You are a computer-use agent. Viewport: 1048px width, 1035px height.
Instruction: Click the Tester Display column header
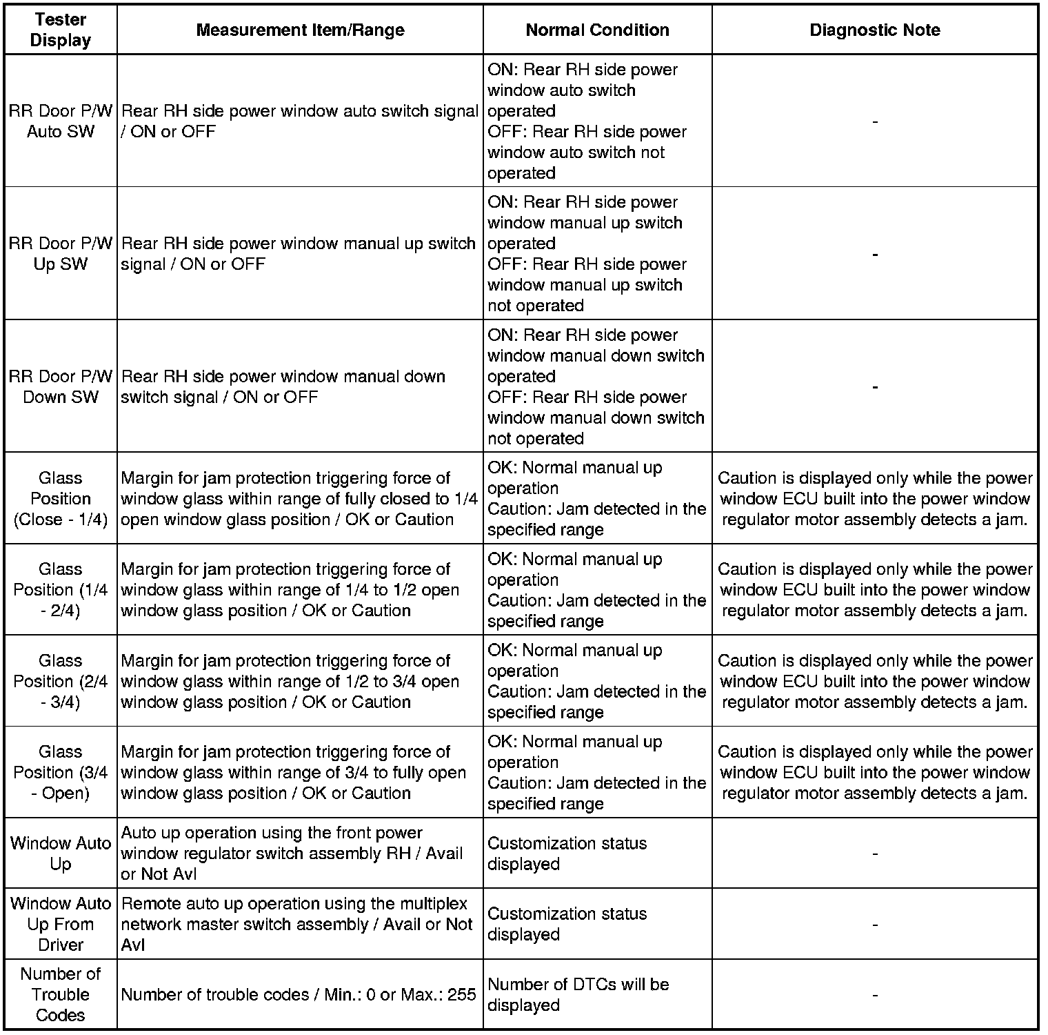click(61, 30)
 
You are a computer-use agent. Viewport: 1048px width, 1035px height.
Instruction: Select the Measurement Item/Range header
click(300, 30)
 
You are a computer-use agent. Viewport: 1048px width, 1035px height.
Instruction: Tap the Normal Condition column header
click(597, 30)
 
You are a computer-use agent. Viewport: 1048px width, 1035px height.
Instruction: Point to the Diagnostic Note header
click(874, 30)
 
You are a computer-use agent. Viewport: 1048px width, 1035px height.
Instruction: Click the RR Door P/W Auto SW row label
click(61, 121)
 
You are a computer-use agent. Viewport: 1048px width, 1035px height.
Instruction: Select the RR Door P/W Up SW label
click(61, 254)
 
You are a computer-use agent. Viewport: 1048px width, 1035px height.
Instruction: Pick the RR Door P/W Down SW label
click(61, 386)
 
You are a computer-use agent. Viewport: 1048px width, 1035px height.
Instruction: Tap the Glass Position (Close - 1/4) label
click(61, 498)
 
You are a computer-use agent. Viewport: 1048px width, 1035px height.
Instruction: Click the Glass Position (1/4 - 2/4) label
click(61, 590)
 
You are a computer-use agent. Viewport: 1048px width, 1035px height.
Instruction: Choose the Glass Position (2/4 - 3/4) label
click(61, 681)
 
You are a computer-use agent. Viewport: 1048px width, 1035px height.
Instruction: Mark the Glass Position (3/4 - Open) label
click(61, 772)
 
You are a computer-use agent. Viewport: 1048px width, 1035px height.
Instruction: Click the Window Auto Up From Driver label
click(61, 924)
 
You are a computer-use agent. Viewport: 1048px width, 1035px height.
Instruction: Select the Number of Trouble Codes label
click(61, 994)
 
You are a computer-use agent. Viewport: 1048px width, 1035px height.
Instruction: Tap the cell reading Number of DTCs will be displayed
click(578, 994)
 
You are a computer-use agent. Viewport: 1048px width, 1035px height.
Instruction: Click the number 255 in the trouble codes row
click(461, 995)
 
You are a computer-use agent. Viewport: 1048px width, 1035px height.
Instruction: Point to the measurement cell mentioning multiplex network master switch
click(296, 924)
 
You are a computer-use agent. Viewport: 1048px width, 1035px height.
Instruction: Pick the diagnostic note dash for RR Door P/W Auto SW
click(875, 122)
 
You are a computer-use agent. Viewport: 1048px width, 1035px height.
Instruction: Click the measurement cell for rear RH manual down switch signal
click(283, 386)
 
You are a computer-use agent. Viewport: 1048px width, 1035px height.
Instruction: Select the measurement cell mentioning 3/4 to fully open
click(293, 772)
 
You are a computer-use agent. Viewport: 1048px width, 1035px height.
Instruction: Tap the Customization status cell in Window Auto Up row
click(567, 854)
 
